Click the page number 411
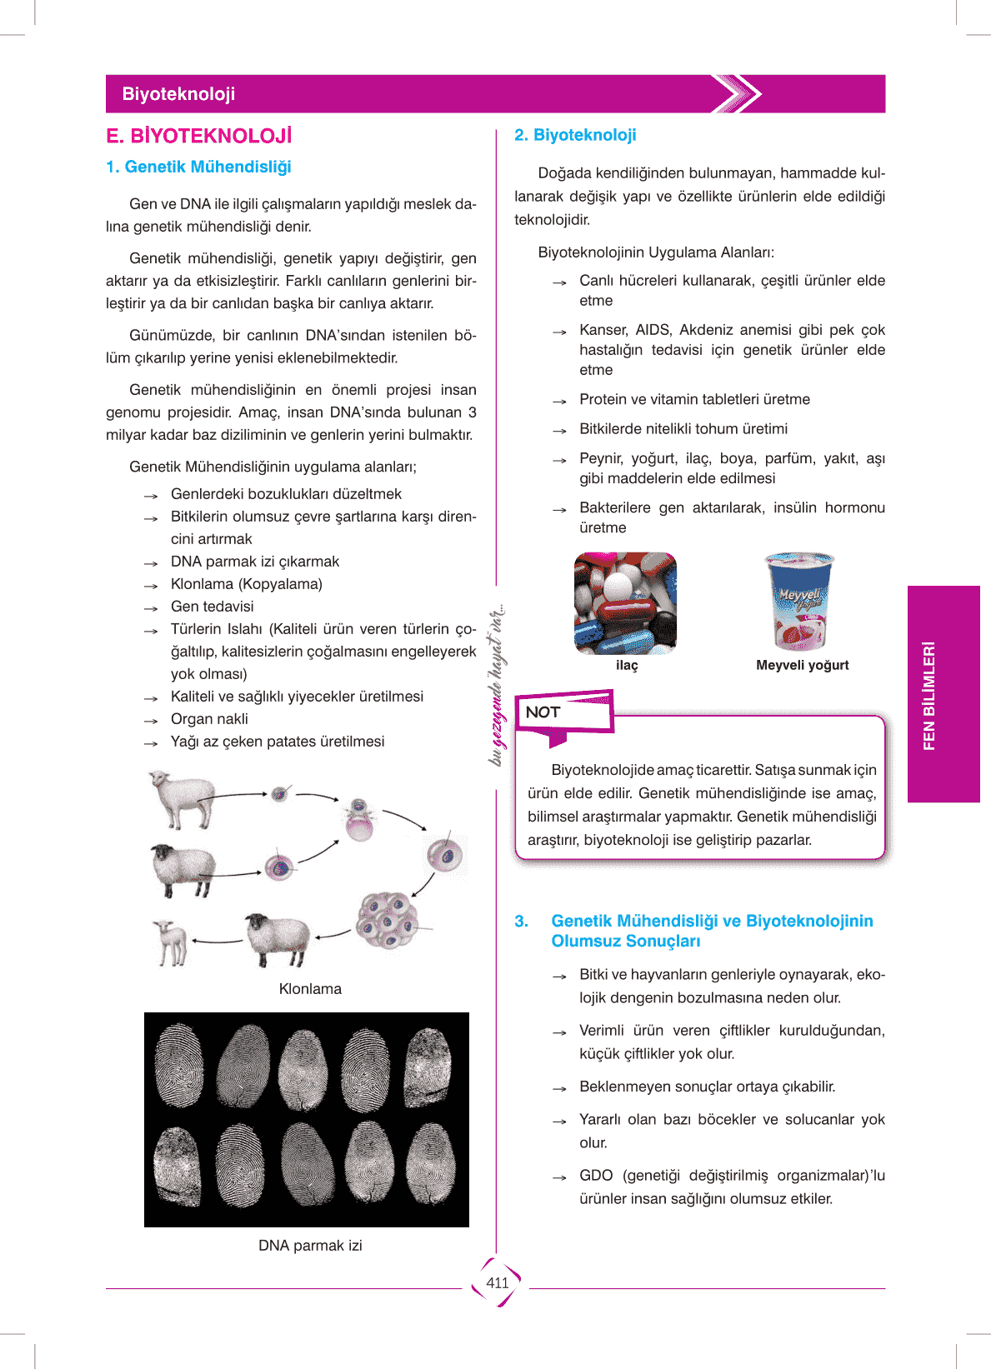coord(497,1283)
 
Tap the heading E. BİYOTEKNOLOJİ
coord(199,136)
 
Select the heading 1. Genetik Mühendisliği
coord(199,167)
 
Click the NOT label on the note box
coord(543,712)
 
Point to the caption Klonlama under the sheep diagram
coord(310,989)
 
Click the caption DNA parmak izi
coord(310,1246)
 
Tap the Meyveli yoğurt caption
coord(802,665)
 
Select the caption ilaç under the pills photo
coord(627,665)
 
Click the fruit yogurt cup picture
coord(799,601)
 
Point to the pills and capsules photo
coord(625,603)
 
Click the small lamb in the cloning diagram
coord(173,942)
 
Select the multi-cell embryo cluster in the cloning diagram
coord(386,919)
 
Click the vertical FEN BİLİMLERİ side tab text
coord(929,695)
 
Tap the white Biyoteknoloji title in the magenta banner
coord(178,94)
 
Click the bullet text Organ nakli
coord(209,719)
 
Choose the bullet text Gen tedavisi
coord(212,607)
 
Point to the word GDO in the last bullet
coord(596,1176)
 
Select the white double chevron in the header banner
coord(737,94)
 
